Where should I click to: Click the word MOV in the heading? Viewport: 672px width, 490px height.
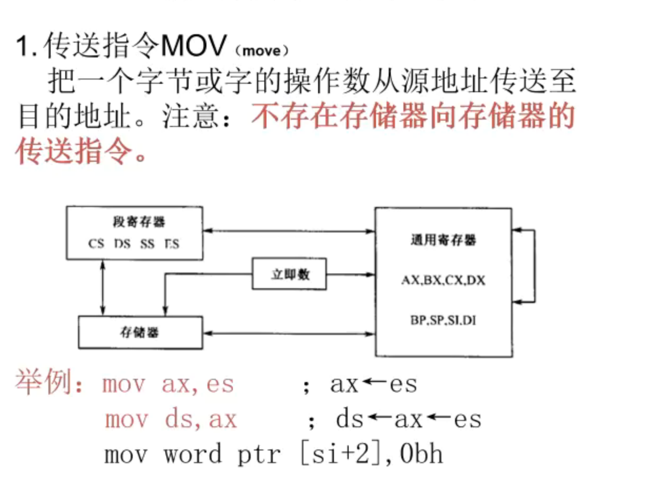(x=194, y=48)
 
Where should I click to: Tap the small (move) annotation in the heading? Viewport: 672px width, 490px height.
(x=261, y=52)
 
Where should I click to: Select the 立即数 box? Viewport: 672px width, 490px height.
(x=289, y=273)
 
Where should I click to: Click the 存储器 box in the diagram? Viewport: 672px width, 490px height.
(x=140, y=332)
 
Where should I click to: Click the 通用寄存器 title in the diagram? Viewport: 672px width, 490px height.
(x=443, y=240)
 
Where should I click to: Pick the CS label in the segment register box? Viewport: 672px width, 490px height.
(x=96, y=244)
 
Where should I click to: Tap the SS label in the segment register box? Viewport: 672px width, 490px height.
(x=147, y=244)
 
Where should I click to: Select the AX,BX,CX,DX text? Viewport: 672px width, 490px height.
(x=443, y=280)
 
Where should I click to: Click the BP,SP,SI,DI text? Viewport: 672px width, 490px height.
(x=443, y=320)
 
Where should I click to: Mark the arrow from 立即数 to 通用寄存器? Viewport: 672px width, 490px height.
(x=350, y=274)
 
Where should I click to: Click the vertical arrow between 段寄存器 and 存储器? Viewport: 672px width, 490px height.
(x=103, y=288)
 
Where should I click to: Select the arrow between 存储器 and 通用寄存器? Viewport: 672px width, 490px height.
(x=289, y=333)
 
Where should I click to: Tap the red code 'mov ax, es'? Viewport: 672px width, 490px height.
(x=167, y=384)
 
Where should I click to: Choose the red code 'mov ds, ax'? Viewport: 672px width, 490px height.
(x=171, y=419)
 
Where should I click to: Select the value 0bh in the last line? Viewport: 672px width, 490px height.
(x=421, y=454)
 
